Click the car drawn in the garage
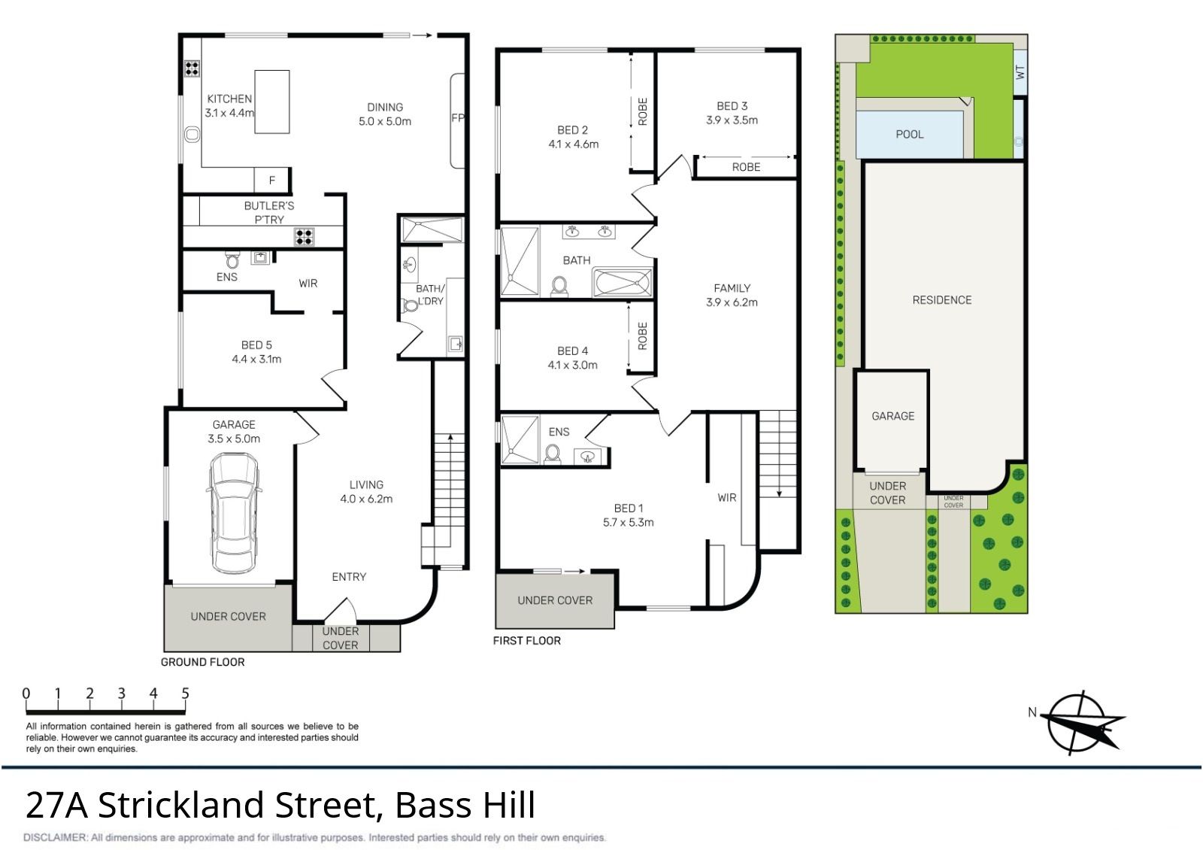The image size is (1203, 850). (234, 513)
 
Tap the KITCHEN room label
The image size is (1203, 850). (229, 99)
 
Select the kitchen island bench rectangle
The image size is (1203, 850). (271, 102)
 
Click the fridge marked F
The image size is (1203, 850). (271, 181)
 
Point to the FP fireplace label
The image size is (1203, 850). (458, 117)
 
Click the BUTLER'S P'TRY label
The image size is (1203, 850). (269, 213)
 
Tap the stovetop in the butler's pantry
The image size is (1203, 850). (304, 237)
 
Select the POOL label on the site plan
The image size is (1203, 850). (909, 135)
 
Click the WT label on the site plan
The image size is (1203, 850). (1020, 72)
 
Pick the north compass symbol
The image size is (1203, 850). (1082, 723)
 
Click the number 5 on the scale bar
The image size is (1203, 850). (185, 693)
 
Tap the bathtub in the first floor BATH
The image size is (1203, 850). (622, 283)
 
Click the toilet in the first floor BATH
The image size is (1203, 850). (559, 286)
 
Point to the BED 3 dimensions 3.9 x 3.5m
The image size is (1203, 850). (732, 120)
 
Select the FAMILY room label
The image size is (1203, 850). (732, 289)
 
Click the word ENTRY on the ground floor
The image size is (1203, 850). (349, 577)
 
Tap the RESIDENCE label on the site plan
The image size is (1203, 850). (942, 300)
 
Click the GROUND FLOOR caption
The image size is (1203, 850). (202, 662)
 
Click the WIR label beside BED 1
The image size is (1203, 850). (726, 498)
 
